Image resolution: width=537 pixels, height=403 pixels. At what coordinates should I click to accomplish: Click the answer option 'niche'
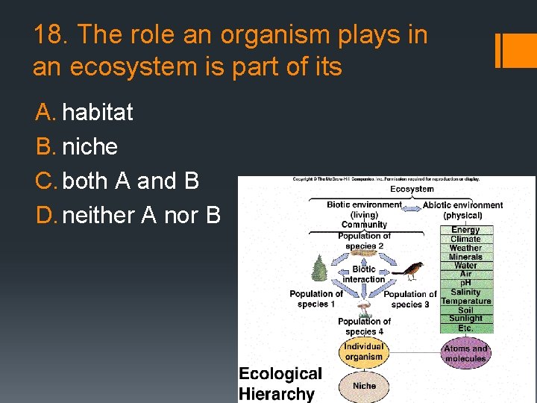pyautogui.click(x=89, y=147)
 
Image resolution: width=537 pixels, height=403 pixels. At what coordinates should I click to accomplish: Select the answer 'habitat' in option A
pyautogui.click(x=98, y=113)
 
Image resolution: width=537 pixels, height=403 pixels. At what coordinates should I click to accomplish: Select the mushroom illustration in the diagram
pyautogui.click(x=364, y=305)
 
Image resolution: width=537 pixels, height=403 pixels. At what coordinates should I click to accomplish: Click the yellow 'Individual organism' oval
pyautogui.click(x=363, y=352)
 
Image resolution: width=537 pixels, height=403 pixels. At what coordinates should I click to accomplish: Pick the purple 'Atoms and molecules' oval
pyautogui.click(x=465, y=353)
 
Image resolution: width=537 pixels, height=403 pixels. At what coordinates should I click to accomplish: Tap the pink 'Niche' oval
pyautogui.click(x=364, y=386)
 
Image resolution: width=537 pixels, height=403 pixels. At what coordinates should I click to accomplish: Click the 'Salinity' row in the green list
pyautogui.click(x=465, y=293)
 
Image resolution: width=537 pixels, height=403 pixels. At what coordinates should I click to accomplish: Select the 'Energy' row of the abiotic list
pyautogui.click(x=465, y=231)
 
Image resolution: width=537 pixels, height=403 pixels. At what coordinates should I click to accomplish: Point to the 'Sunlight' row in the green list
pyautogui.click(x=465, y=319)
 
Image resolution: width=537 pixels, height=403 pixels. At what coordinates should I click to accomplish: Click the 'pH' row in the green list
pyautogui.click(x=465, y=284)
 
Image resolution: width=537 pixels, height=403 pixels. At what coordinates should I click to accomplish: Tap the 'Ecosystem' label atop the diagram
pyautogui.click(x=412, y=190)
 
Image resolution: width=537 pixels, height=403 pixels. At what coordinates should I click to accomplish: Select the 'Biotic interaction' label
pyautogui.click(x=364, y=274)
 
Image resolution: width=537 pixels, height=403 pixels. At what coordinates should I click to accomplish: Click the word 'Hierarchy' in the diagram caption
pyautogui.click(x=277, y=393)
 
